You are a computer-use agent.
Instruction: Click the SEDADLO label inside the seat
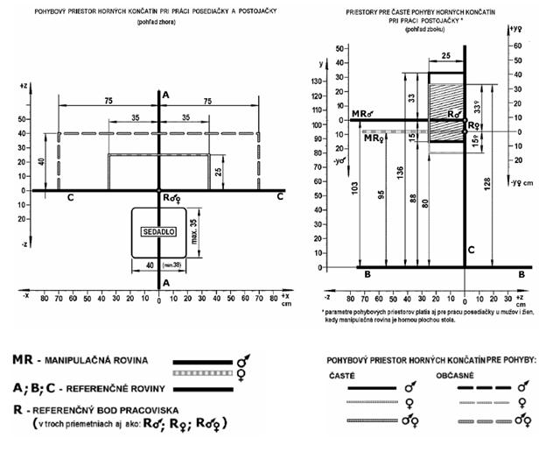[x=157, y=230]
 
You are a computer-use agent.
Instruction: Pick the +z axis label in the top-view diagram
[x=23, y=86]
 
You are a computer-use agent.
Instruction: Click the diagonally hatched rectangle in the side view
[x=445, y=109]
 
